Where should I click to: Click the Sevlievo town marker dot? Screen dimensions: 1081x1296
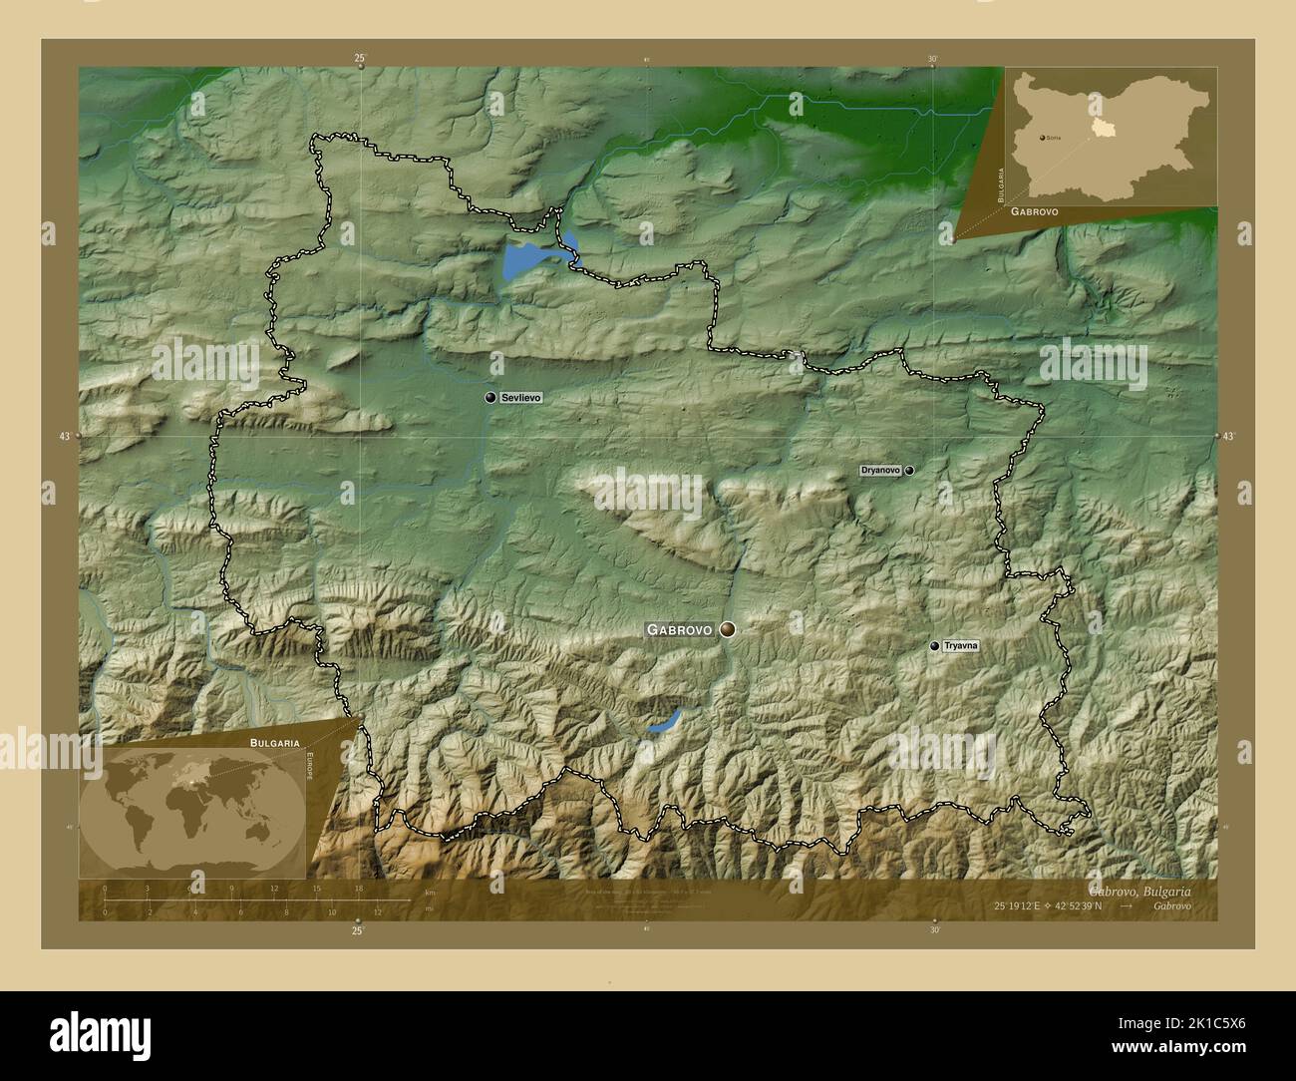click(x=490, y=398)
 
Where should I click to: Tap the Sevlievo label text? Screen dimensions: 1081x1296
click(x=521, y=398)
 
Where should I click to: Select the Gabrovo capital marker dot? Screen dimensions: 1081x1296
click(x=728, y=629)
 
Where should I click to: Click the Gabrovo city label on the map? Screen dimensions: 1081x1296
click(x=679, y=630)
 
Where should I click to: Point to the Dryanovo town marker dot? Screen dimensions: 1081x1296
click(x=909, y=470)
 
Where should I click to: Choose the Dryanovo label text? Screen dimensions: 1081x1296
click(x=880, y=470)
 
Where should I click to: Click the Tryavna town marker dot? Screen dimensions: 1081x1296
click(x=934, y=646)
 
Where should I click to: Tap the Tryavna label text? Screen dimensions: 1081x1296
click(x=961, y=646)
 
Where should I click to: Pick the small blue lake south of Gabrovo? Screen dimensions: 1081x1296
click(x=663, y=721)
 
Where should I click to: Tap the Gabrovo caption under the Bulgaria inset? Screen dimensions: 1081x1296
click(x=1034, y=213)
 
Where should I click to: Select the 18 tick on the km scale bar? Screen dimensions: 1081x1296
click(x=359, y=888)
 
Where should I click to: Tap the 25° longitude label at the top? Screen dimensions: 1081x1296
click(x=359, y=59)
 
